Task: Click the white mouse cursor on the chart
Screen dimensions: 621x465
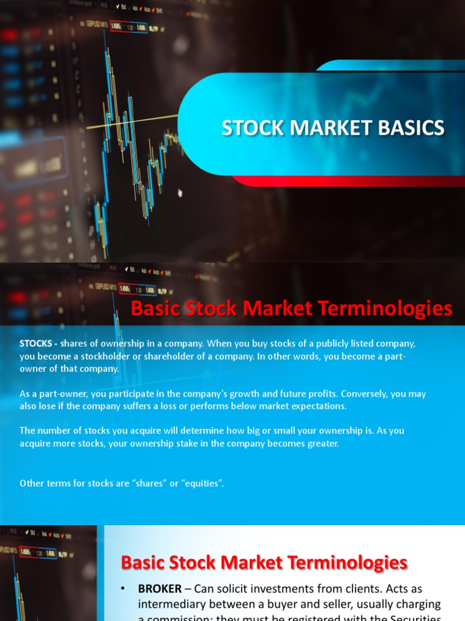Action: (180, 193)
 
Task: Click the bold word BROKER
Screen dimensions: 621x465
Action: (160, 589)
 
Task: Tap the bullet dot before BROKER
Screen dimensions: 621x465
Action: (124, 589)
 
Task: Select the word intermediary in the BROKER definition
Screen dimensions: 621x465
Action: (171, 605)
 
